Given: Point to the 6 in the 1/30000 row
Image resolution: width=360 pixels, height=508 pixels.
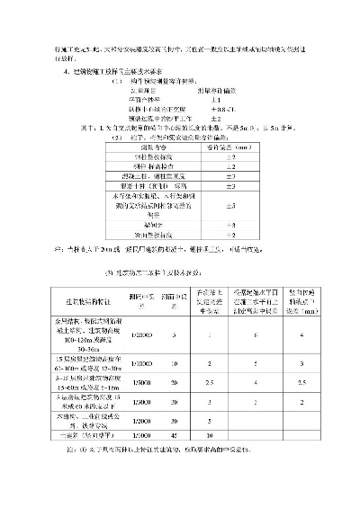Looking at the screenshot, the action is [256, 334].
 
